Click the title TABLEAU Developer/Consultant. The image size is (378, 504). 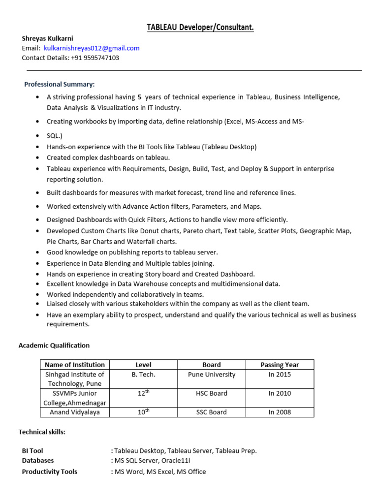click(200, 28)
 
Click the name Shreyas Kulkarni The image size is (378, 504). click(47, 38)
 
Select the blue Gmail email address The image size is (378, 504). click(92, 48)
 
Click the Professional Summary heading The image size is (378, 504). click(60, 84)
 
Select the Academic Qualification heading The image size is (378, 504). click(54, 345)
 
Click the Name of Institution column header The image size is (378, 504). click(75, 365)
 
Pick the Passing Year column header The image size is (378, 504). click(280, 365)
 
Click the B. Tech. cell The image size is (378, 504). click(143, 374)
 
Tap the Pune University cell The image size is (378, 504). click(212, 374)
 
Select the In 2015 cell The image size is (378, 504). click(280, 374)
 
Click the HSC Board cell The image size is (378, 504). click(212, 393)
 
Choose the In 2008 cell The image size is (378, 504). click(280, 412)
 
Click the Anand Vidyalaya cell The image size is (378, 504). click(75, 412)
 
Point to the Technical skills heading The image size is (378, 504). click(42, 432)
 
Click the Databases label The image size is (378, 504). click(38, 460)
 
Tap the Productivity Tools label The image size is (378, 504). click(50, 472)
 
